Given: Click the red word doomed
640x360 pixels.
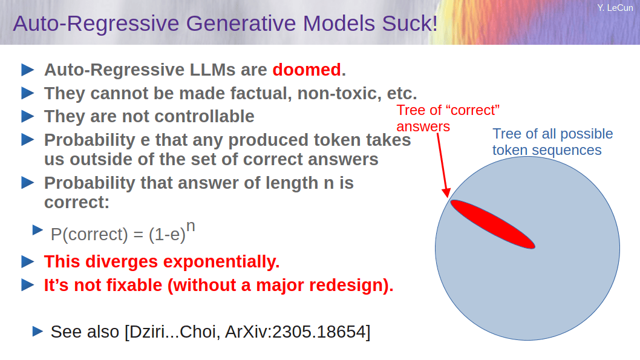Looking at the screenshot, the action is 307,70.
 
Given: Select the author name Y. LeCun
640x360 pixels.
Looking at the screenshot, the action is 615,8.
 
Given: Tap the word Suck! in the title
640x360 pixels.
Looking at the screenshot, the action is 410,23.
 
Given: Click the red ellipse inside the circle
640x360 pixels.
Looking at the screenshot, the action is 492,224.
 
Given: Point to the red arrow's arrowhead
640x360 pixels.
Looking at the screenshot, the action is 446,192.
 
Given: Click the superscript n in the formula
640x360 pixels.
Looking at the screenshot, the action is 191,226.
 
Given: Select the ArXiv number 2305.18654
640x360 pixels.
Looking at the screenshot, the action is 319,332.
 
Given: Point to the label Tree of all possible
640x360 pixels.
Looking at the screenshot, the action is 553,134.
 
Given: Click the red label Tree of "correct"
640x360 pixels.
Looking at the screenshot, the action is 448,110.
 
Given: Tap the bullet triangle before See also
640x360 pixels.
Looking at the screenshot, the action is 38,331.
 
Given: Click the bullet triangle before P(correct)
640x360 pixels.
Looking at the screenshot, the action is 38,230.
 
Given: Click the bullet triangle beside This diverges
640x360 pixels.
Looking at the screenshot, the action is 27,261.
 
